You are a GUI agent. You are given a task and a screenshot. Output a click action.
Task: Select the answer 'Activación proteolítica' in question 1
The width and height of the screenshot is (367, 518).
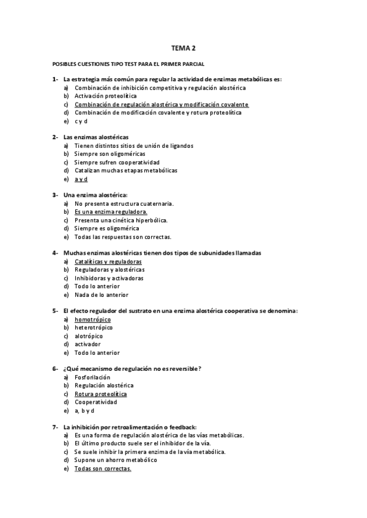(105, 96)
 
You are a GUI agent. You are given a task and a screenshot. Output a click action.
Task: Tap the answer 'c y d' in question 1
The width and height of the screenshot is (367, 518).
(81, 121)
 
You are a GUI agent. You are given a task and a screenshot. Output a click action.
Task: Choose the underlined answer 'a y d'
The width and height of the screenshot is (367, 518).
(81, 179)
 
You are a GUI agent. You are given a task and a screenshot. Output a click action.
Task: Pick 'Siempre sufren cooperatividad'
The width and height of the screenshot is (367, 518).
(117, 162)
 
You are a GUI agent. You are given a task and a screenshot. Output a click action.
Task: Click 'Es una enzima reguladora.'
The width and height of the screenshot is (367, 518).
(111, 212)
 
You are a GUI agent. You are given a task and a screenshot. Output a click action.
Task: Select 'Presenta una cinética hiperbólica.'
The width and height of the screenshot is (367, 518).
(121, 221)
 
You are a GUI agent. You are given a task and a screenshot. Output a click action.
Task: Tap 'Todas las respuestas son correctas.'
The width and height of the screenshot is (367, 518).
(123, 237)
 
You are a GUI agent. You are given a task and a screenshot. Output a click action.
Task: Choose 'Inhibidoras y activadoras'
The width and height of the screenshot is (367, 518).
(109, 278)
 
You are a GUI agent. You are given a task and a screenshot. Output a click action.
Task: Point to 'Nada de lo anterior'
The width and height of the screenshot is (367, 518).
(102, 294)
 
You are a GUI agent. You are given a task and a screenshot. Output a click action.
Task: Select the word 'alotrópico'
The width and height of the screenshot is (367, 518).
(89, 336)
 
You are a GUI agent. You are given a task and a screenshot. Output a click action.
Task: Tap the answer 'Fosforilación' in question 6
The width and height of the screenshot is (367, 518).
(92, 378)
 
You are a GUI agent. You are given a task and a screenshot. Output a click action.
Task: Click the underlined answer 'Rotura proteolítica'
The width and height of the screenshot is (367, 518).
(100, 394)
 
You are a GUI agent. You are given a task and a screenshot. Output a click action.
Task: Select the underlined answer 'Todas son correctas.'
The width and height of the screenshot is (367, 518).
(103, 469)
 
